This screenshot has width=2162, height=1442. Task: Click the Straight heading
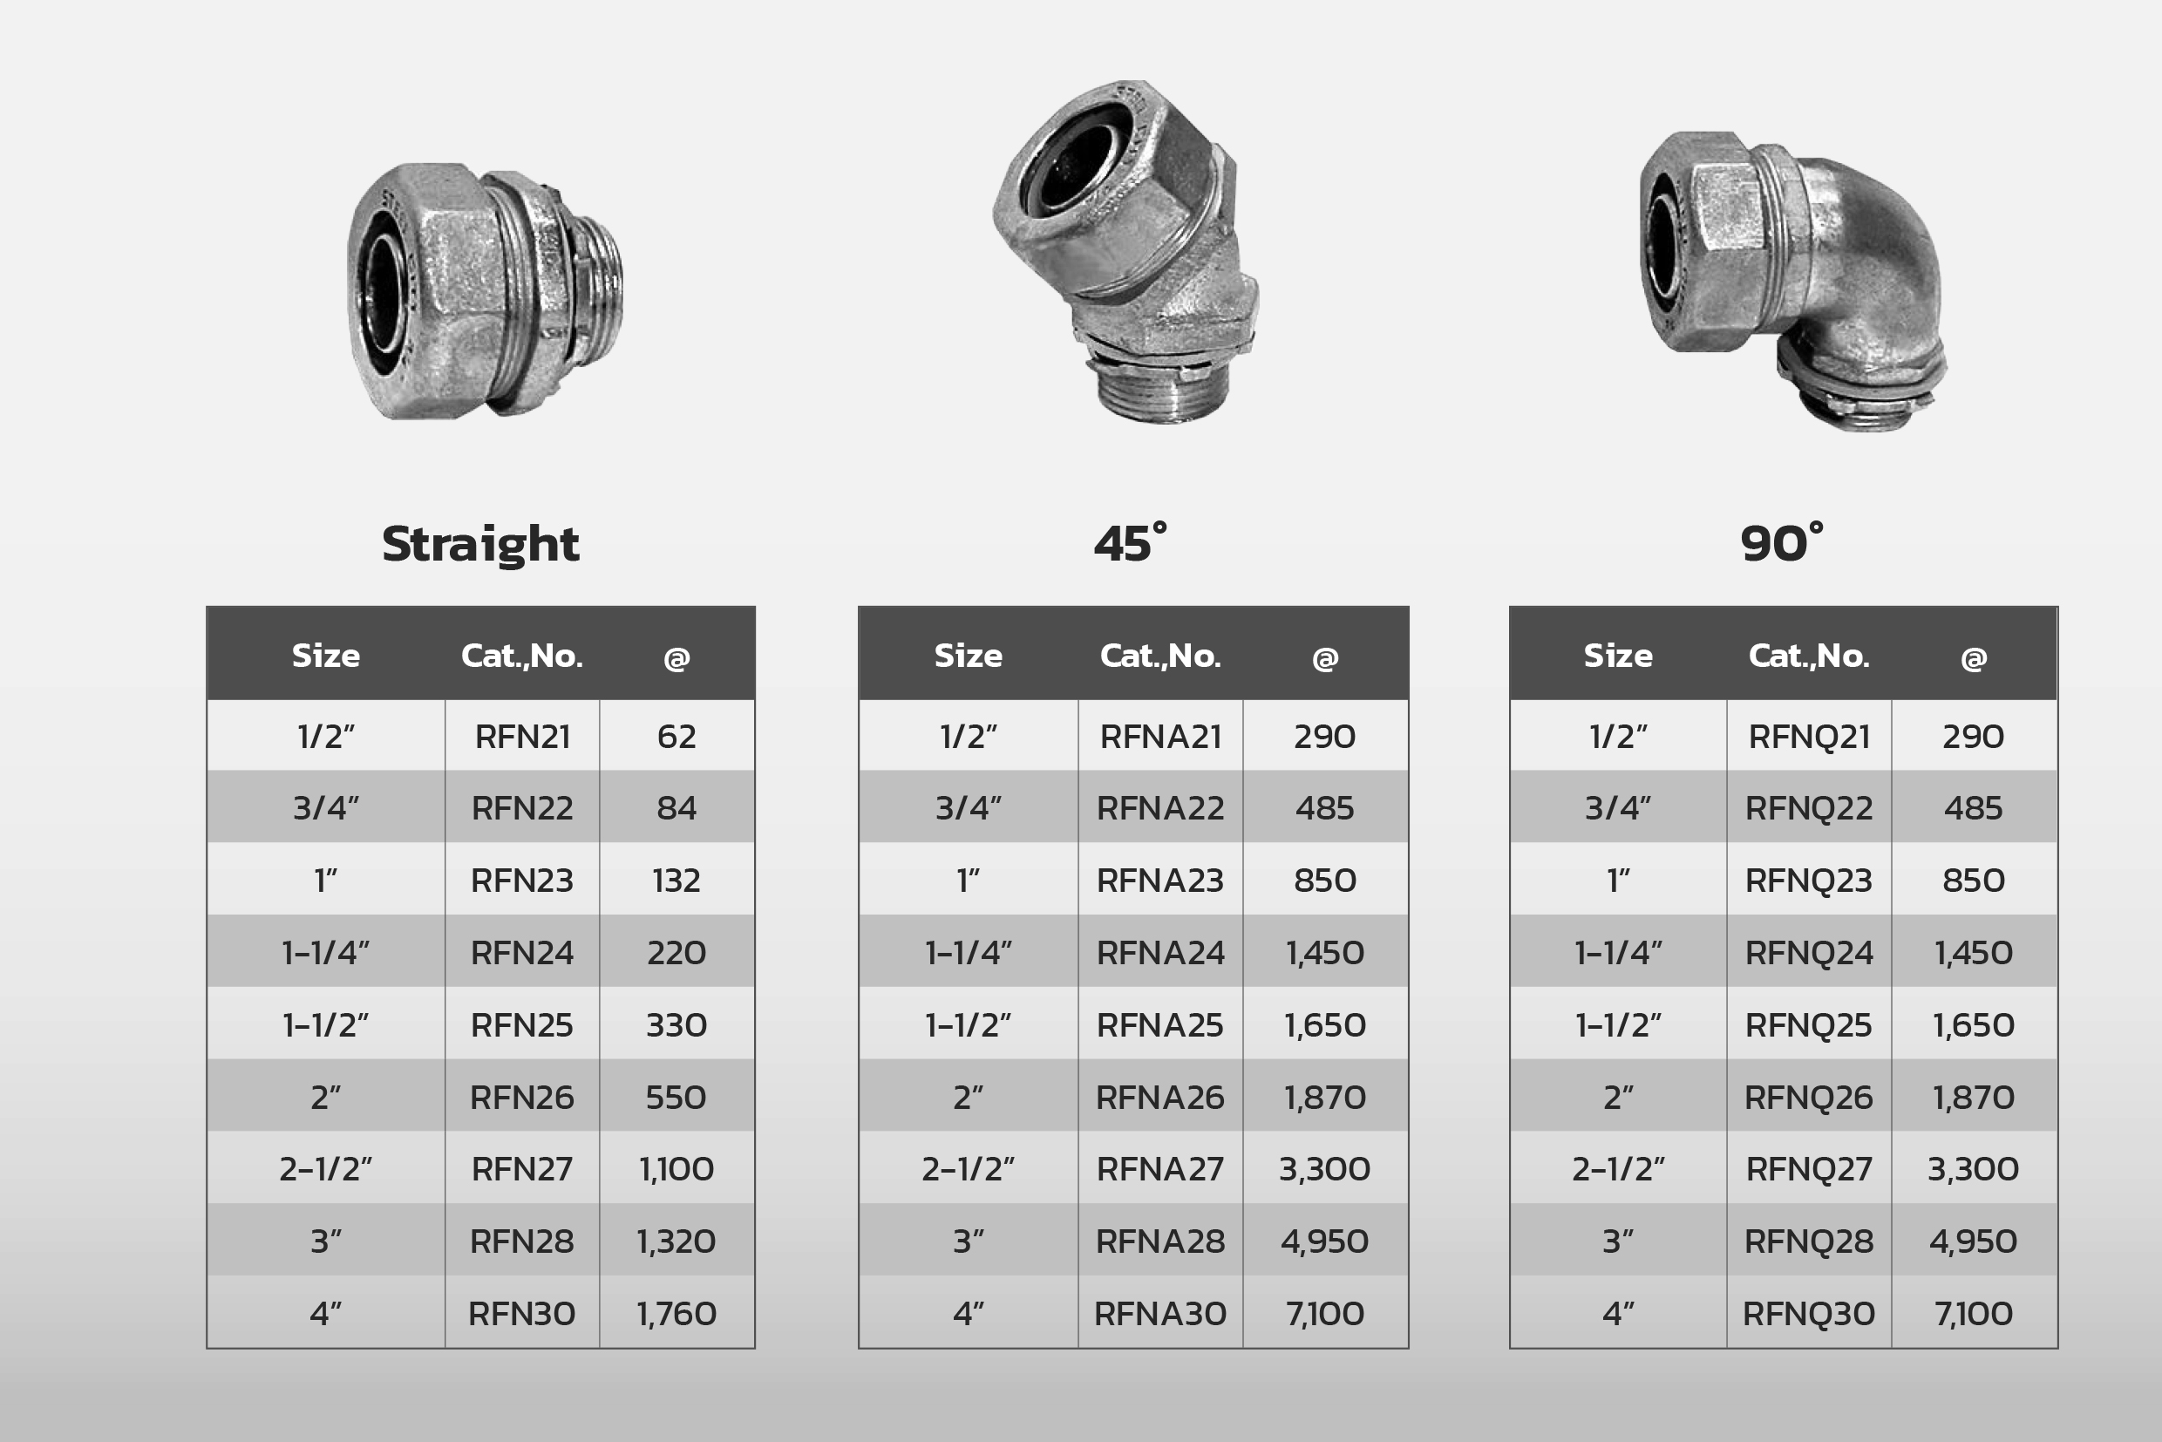[x=480, y=544]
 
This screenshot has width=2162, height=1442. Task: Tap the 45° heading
[x=1130, y=542]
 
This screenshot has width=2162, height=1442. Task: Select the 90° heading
[x=1781, y=542]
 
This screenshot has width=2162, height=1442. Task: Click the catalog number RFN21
[x=522, y=737]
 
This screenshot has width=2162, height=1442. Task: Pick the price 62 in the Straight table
[x=676, y=737]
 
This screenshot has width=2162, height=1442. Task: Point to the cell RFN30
[x=521, y=1313]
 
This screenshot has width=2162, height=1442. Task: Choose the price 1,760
[x=676, y=1313]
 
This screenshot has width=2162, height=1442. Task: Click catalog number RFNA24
[x=1160, y=953]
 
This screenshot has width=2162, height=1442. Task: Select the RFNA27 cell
[x=1160, y=1169]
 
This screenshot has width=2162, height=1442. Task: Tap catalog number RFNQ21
[x=1809, y=737]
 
